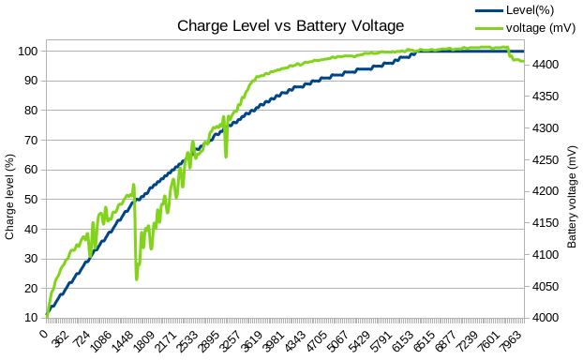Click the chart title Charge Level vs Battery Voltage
click(x=291, y=26)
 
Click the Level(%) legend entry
click(x=528, y=9)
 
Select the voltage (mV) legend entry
click(x=534, y=27)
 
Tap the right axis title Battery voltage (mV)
click(x=572, y=198)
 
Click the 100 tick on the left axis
click(x=27, y=51)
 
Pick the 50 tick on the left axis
click(x=30, y=200)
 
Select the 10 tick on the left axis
click(x=30, y=318)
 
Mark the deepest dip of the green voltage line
click(x=137, y=279)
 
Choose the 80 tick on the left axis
click(x=30, y=111)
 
